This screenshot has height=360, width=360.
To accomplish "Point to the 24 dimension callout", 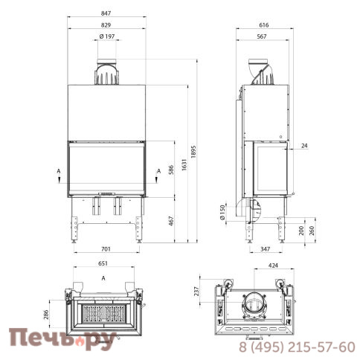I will tap(305, 146).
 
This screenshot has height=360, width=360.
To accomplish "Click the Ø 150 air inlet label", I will tap(222, 213).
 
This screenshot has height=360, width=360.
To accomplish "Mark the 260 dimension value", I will tap(313, 231).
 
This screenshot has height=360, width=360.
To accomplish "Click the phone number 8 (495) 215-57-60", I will tap(297, 347).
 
